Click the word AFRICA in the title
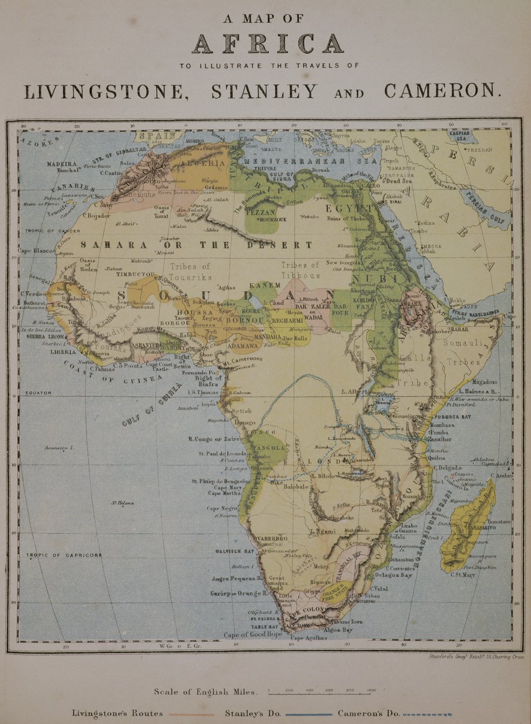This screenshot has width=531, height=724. pos(268,44)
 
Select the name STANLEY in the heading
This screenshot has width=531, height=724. pos(264,91)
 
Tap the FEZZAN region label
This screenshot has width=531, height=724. pos(261,211)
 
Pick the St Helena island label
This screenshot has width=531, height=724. pos(123,503)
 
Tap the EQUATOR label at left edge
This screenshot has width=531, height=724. pos(38,393)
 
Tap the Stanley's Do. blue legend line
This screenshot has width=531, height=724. pos(305,715)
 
